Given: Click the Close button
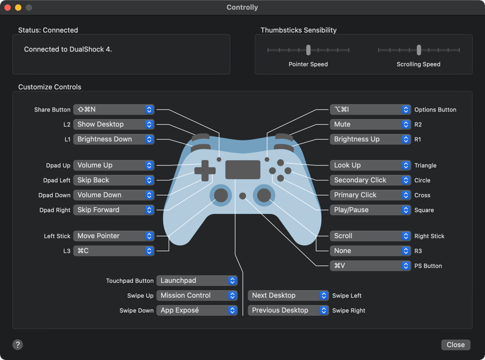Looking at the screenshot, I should point(455,345).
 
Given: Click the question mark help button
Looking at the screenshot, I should point(18,345).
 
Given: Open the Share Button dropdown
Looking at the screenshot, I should point(113,110).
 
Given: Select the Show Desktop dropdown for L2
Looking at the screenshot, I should point(113,124).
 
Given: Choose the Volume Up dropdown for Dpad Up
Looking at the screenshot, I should point(113,165).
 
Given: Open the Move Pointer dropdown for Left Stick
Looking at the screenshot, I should point(113,236).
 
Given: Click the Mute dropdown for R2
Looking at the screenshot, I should point(370,124).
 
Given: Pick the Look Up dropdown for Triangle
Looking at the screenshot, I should point(370,165).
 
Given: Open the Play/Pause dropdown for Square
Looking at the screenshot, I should point(370,210).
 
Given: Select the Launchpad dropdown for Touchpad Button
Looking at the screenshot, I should point(196,281).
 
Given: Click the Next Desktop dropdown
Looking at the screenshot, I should point(288,296).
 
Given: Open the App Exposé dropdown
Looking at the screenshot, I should point(196,311).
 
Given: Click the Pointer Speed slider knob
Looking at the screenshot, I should point(308,50).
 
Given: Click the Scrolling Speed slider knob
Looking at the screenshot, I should point(419,50).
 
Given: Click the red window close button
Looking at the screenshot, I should point(7,7).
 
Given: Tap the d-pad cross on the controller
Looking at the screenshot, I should point(205,171).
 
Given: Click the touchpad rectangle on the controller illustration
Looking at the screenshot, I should point(242,170).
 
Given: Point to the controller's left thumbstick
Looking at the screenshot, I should point(221,195).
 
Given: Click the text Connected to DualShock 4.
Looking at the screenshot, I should point(68,49).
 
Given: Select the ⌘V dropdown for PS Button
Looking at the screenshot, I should point(370,266).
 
